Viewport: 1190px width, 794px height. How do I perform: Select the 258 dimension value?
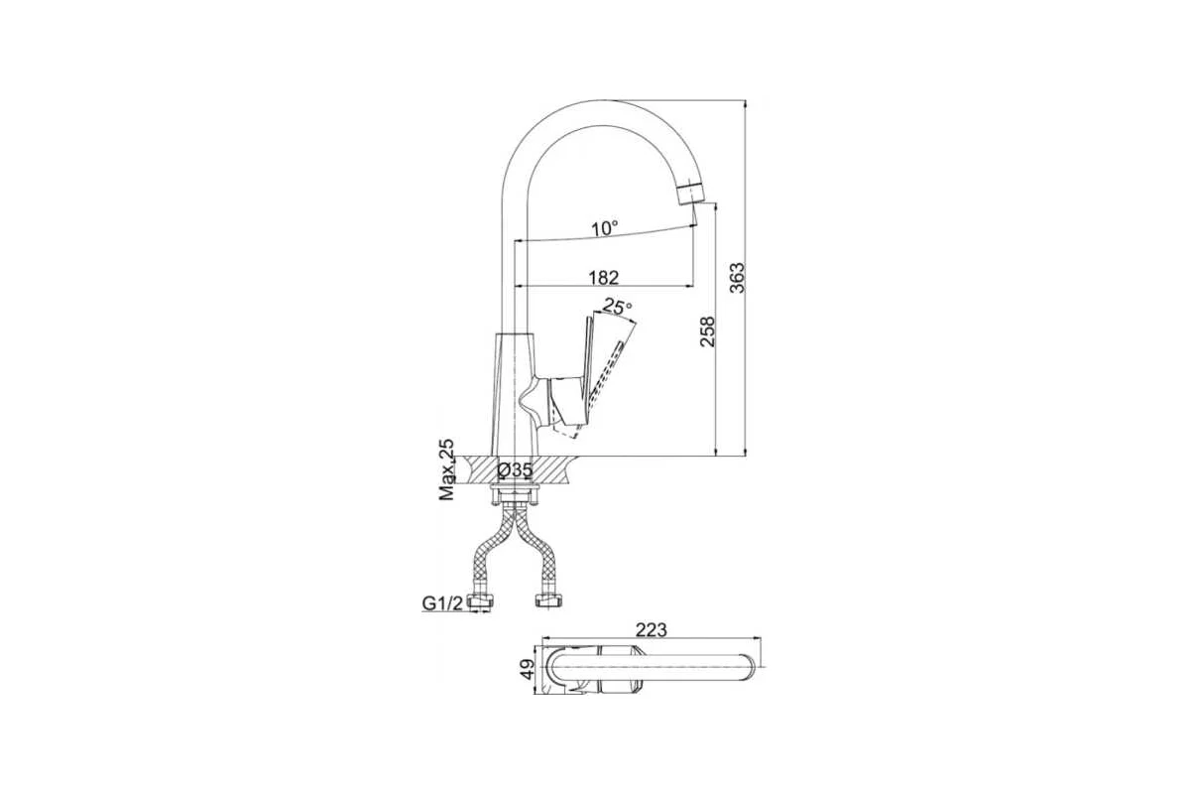click(708, 331)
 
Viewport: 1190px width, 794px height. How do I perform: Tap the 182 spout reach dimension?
click(604, 277)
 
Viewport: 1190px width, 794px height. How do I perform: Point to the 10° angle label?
click(606, 228)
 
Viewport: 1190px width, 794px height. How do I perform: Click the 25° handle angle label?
click(618, 307)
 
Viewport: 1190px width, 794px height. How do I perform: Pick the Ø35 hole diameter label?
click(515, 469)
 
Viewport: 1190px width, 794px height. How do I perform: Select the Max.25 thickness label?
click(447, 469)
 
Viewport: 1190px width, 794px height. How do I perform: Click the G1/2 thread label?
click(442, 603)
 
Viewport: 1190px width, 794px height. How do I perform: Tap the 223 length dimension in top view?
click(652, 629)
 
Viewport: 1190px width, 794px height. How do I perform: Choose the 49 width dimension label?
click(527, 669)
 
